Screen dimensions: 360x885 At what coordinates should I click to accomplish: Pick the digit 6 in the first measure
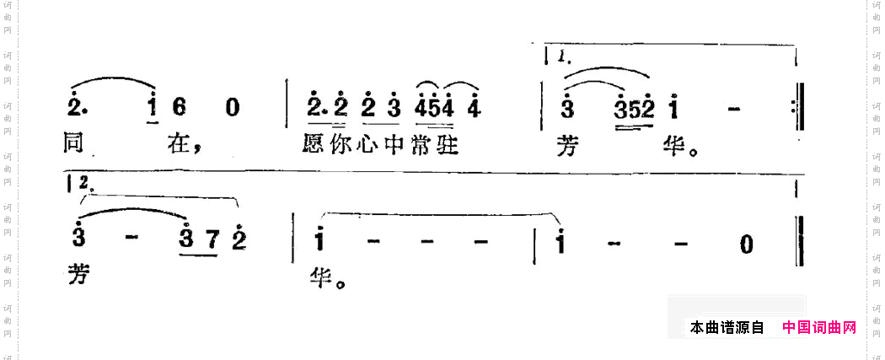coord(190,108)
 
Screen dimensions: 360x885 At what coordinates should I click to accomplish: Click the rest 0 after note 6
coord(232,108)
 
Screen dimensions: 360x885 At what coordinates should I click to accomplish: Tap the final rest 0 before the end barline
coord(745,244)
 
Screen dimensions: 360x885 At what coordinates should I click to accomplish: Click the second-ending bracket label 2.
coord(83,182)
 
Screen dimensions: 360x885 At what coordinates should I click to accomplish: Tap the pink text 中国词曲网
coord(818,327)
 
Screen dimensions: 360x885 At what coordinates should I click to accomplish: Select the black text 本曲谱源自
coord(727,327)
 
